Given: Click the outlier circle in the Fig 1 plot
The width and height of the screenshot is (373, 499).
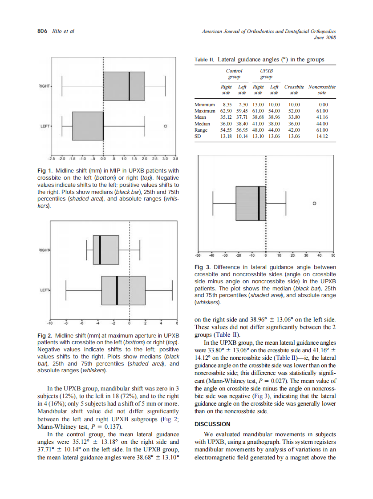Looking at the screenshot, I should (165, 126).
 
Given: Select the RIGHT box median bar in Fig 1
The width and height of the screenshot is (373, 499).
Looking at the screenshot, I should (129, 86).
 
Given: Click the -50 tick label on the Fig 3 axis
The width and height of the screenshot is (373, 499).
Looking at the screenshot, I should (198, 256).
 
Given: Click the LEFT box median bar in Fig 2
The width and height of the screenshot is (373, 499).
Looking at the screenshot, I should (117, 290).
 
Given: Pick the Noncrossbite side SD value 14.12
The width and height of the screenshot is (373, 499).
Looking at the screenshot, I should (322, 137).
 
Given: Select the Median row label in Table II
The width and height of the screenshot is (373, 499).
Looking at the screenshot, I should (203, 124).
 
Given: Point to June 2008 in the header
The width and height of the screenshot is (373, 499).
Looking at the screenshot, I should (324, 37).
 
